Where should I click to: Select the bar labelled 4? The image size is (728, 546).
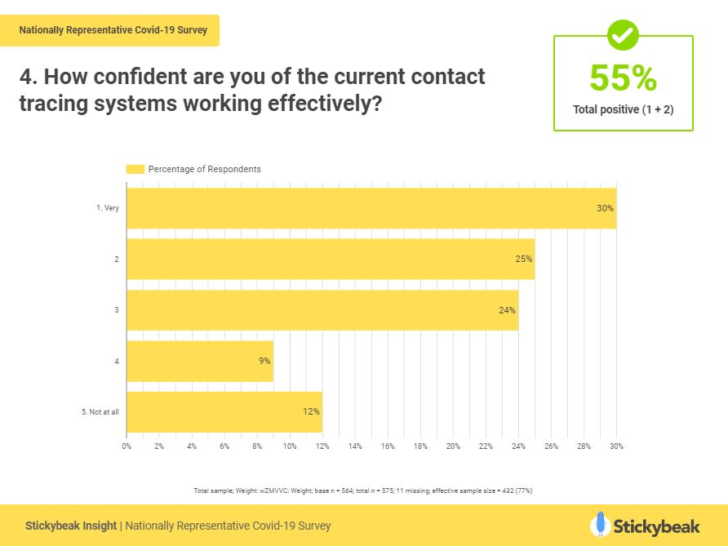(x=199, y=361)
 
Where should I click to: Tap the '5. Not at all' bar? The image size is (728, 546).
(x=224, y=411)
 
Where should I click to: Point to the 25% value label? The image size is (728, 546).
(x=523, y=259)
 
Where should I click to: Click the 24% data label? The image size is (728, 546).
(x=507, y=310)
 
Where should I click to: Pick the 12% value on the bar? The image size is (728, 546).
(x=311, y=411)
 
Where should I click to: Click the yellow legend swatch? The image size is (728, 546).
(x=135, y=169)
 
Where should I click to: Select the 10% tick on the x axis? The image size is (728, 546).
(x=290, y=446)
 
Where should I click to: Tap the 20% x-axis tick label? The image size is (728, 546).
(x=453, y=446)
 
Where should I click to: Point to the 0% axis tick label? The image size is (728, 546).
(x=127, y=446)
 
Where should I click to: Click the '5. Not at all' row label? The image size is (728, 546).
(x=100, y=411)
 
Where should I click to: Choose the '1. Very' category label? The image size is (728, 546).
(x=107, y=207)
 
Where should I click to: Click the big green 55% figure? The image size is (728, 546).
(x=623, y=78)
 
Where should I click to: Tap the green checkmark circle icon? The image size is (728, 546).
(x=624, y=35)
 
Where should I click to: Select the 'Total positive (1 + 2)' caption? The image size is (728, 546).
(x=623, y=109)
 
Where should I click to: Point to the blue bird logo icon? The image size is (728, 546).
(x=601, y=524)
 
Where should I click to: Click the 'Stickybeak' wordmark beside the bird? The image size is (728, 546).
(x=657, y=525)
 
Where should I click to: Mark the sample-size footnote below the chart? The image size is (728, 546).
(x=363, y=491)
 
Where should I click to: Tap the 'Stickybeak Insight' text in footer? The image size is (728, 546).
(x=71, y=526)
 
